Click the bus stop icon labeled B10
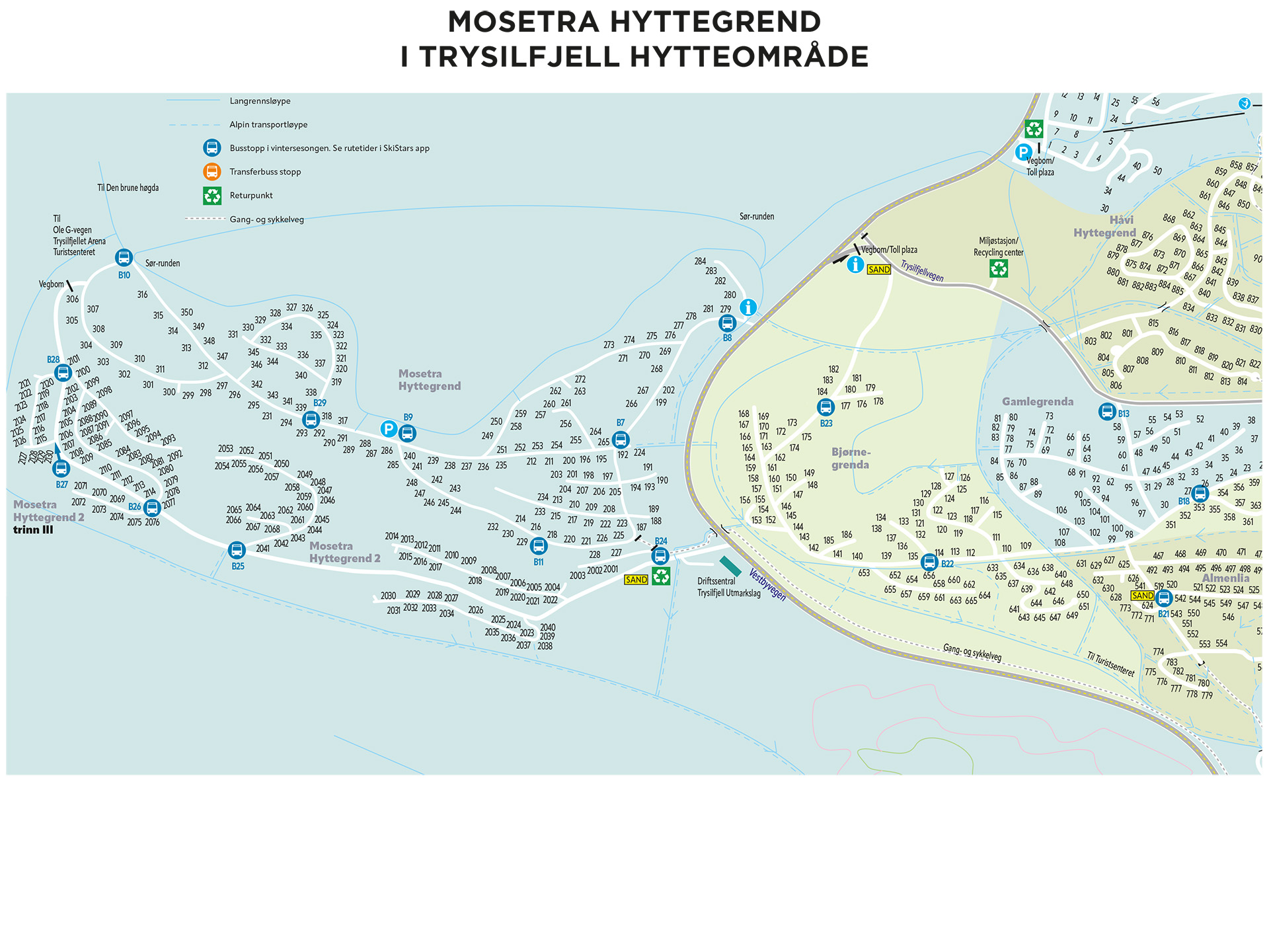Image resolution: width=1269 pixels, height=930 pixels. point(124,258)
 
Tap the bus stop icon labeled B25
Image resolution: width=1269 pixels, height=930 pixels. point(237,550)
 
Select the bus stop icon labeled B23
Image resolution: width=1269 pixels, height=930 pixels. point(826,407)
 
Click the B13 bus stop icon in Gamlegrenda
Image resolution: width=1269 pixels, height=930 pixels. point(1107,412)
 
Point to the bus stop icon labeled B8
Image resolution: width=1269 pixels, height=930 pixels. point(727,323)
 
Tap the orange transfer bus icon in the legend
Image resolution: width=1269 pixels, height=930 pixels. point(211,172)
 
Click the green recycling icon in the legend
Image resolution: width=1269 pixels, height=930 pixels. point(211,196)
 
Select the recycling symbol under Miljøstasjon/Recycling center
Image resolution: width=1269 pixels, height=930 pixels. point(998,268)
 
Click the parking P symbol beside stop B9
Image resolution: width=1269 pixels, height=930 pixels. point(389,429)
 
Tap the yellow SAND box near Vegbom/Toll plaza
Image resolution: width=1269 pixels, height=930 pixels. point(878,270)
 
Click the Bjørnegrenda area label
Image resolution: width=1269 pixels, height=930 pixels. point(851,458)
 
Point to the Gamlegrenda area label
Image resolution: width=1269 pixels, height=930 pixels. point(1037,402)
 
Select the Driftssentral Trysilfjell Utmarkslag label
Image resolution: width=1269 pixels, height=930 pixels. point(728,587)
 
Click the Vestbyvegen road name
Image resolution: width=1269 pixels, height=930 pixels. point(767,584)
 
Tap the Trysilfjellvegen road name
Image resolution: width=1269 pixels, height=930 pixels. point(922,271)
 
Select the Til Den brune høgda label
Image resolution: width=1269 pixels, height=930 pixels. point(128,188)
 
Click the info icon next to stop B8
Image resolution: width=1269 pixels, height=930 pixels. point(748,307)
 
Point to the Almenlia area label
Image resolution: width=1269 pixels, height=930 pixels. point(1225,578)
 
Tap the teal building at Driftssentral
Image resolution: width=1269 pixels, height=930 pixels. point(730,566)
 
